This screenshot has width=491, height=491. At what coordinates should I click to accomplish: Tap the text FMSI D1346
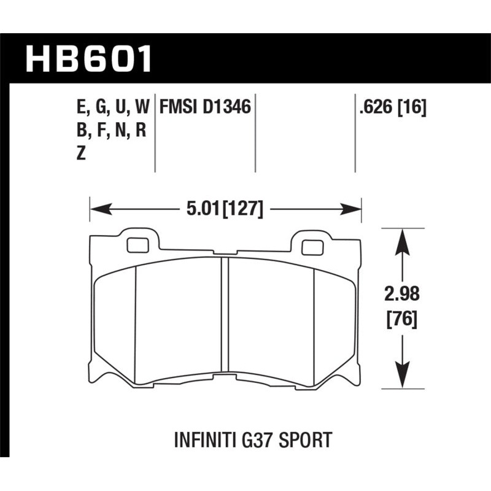205,109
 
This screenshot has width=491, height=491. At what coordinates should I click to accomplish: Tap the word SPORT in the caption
306,439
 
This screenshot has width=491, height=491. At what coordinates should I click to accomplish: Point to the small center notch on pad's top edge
226,252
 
